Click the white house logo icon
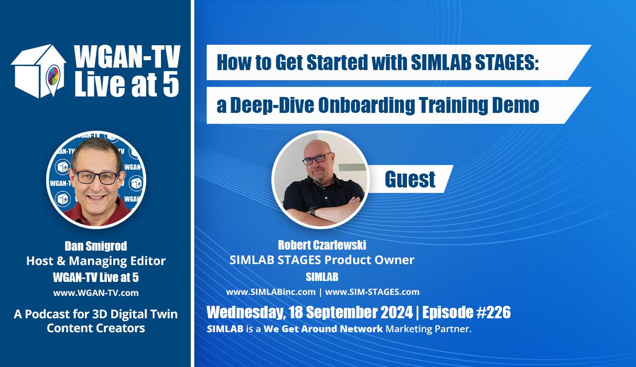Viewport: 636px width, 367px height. click(x=38, y=71)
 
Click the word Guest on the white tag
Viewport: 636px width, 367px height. click(x=410, y=179)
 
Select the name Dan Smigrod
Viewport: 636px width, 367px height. click(x=96, y=246)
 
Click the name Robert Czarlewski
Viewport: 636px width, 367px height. click(x=322, y=245)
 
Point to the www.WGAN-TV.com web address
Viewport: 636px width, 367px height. click(x=96, y=293)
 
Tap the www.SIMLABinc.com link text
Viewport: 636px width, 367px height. click(x=271, y=292)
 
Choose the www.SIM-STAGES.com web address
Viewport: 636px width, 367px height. click(x=372, y=292)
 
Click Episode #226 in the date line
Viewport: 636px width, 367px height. click(x=467, y=312)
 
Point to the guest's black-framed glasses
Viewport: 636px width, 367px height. click(x=317, y=159)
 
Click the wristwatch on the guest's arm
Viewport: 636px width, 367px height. click(x=313, y=211)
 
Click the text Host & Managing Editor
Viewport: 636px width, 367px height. click(x=96, y=261)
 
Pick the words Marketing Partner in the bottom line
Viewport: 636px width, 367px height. click(x=428, y=329)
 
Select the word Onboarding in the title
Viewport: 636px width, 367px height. click(x=366, y=105)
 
